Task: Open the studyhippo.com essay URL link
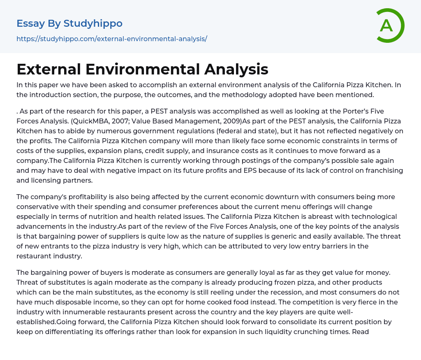tap(111, 39)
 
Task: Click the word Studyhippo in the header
tap(93, 23)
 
